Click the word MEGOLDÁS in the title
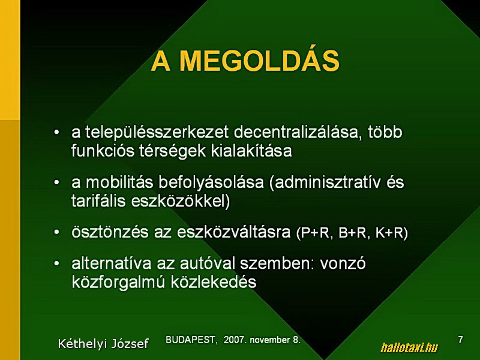[259, 61]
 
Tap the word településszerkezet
[157, 133]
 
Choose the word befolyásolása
[211, 183]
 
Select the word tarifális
[98, 202]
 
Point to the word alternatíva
[112, 263]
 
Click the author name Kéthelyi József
[103, 343]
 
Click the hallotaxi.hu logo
[409, 348]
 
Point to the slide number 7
[460, 340]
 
